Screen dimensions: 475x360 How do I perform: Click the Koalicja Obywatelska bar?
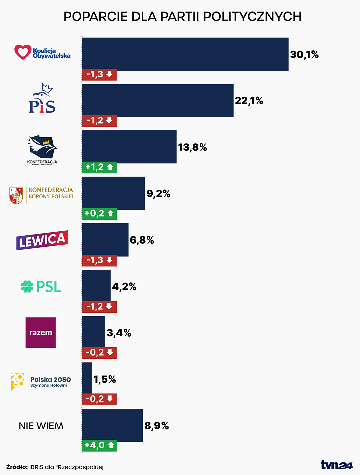click(x=185, y=54)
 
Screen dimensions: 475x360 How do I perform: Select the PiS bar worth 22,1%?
click(x=157, y=100)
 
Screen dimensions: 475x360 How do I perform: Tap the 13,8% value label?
click(x=192, y=147)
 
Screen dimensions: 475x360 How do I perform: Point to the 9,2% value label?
click(x=158, y=193)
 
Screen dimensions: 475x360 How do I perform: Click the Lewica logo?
click(x=42, y=240)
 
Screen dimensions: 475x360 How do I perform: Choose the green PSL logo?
click(x=41, y=286)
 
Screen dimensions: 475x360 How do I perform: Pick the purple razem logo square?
click(x=41, y=332)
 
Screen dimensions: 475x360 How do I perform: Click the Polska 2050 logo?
click(x=41, y=381)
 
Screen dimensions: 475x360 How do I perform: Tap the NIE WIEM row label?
click(x=41, y=426)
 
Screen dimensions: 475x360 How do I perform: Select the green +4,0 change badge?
click(x=99, y=445)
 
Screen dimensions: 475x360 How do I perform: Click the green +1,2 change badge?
click(x=99, y=167)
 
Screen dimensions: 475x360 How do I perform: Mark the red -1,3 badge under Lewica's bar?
click(x=99, y=260)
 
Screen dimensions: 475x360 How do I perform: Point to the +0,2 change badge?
click(x=99, y=213)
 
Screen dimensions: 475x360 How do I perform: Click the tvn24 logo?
click(x=336, y=465)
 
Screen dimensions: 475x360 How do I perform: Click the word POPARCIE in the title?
click(x=96, y=16)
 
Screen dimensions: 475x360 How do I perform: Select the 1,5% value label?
click(x=105, y=379)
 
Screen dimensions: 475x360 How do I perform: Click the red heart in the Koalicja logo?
click(x=23, y=52)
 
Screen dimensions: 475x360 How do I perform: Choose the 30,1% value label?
click(x=304, y=54)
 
